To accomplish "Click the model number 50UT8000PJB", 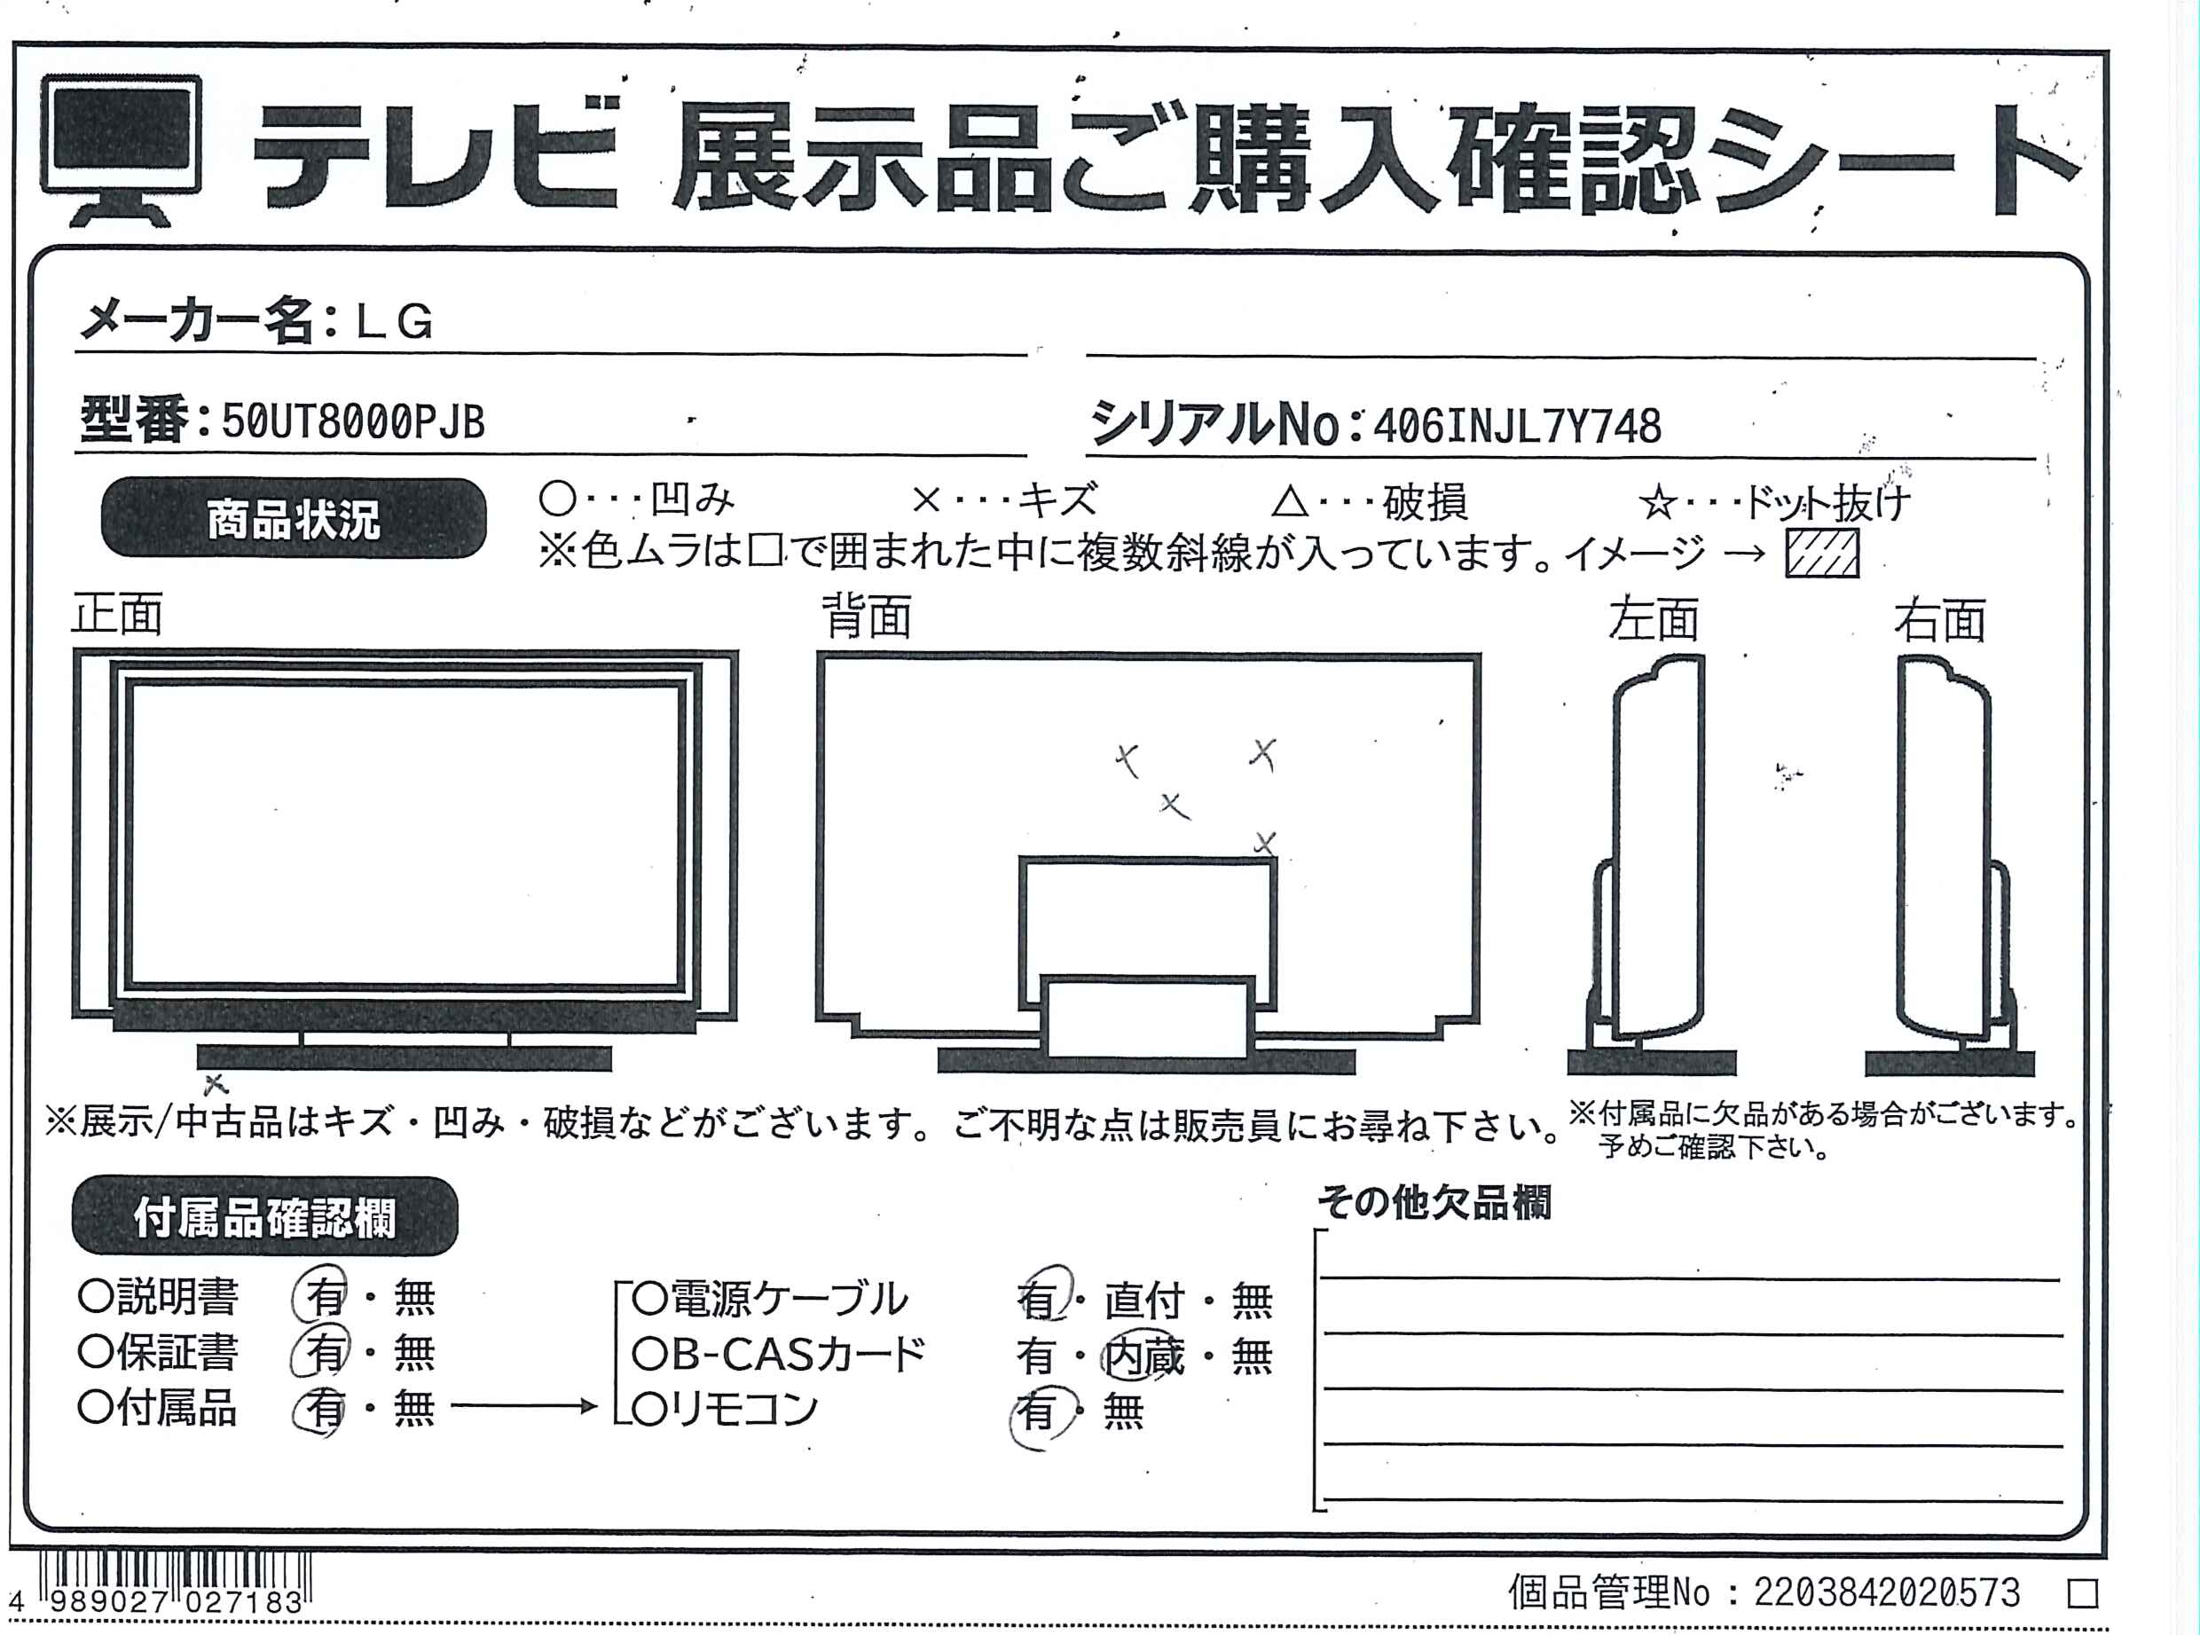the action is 353,422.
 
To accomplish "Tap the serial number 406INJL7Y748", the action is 1517,427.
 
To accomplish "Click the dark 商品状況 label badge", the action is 294,519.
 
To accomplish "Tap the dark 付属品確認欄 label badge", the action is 265,1216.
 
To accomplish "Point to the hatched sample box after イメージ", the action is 1822,553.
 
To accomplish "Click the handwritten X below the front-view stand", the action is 215,1085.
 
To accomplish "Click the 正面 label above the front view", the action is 117,615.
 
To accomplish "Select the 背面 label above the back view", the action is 867,617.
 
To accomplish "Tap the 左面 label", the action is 1653,619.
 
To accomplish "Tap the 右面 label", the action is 1940,620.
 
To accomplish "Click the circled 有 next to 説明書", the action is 320,1295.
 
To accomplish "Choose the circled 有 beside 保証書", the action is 318,1351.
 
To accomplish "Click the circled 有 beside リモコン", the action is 1041,1411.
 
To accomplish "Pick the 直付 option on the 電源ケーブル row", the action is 1145,1301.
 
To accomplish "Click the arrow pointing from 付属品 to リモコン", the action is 524,1406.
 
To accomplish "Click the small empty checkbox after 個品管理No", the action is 2083,1593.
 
